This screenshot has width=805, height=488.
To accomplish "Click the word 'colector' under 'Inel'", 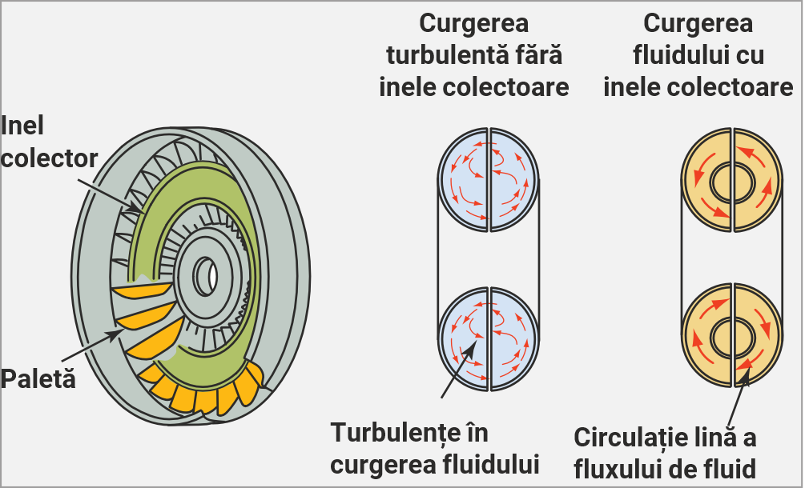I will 50,158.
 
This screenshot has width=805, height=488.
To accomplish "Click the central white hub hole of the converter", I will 212,274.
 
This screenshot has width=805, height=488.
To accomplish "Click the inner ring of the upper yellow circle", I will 731,178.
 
